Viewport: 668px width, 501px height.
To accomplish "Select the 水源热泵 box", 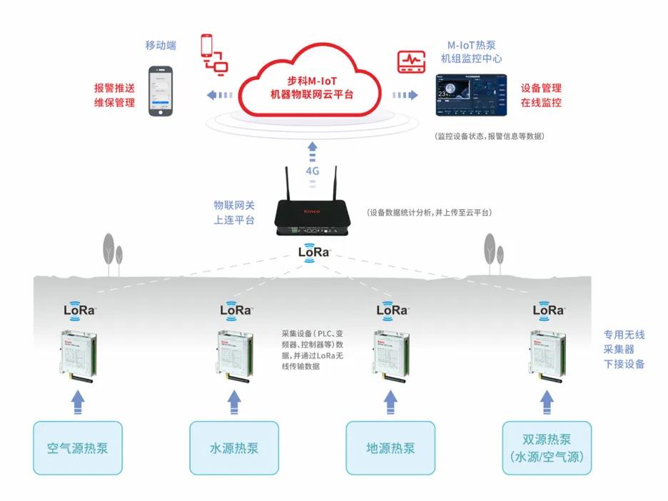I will [x=234, y=447].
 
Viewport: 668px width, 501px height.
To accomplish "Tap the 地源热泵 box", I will [x=390, y=447].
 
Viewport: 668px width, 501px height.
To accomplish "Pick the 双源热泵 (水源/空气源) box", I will [x=547, y=447].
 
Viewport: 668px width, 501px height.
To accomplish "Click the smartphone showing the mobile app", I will [x=161, y=91].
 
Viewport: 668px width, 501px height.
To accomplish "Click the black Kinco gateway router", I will [x=311, y=215].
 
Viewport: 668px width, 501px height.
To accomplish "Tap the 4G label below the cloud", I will [x=312, y=171].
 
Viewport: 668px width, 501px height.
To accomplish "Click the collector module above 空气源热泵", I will [x=77, y=355].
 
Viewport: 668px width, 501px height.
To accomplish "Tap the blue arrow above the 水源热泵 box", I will [x=233, y=403].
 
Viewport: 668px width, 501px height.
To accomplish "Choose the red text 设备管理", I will [x=541, y=88].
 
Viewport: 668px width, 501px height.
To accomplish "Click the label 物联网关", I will [x=233, y=206].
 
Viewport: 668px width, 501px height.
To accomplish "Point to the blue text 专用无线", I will [x=624, y=334].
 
